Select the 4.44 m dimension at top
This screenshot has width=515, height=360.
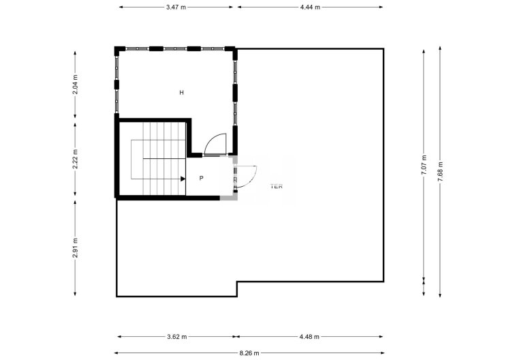point(310,7)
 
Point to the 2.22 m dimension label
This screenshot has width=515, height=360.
point(76,159)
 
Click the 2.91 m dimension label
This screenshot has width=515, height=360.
point(76,246)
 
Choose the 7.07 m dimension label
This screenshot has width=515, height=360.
point(424,166)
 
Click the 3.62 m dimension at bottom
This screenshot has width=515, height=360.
point(177,336)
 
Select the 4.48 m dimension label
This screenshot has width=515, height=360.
point(309,336)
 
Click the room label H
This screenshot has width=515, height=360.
point(182,92)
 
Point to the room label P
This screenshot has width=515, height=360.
point(202,178)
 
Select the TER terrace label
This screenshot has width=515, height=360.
point(276,185)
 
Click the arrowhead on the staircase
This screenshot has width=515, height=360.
point(183,179)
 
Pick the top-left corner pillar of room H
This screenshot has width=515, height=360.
point(118,49)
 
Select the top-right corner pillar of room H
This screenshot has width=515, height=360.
point(233,49)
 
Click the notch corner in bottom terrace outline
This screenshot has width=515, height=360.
point(236,282)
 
